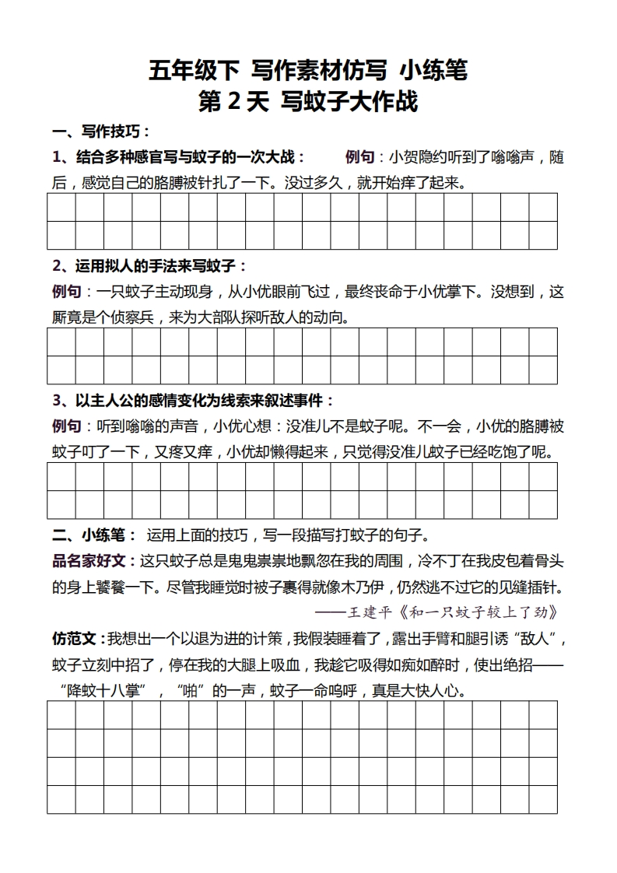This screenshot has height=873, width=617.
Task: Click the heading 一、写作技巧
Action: [100, 131]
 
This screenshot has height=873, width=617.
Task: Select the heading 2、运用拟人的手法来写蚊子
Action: [149, 266]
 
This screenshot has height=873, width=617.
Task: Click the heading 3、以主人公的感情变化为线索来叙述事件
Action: [192, 401]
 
